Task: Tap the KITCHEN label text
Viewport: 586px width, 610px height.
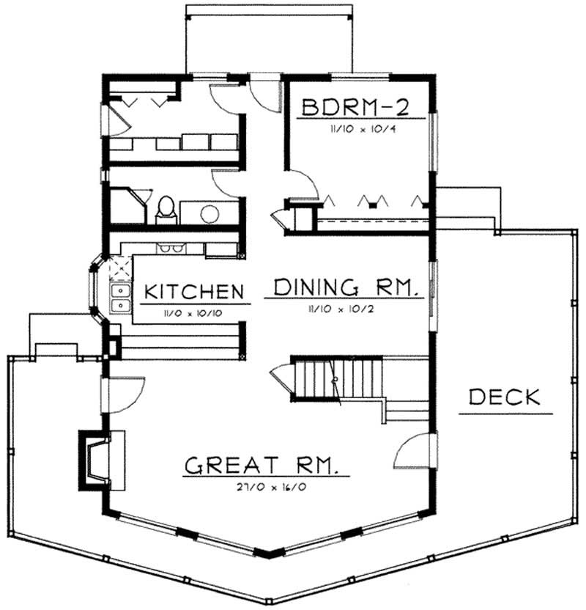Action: tap(193, 291)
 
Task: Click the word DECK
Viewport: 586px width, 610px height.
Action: tap(505, 397)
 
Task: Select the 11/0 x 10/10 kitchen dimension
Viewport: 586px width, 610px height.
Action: tap(193, 311)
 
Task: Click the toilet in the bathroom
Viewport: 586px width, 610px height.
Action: tap(166, 209)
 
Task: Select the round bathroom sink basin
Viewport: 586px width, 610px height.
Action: tap(210, 213)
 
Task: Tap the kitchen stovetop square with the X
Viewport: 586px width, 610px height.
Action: tap(117, 268)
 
